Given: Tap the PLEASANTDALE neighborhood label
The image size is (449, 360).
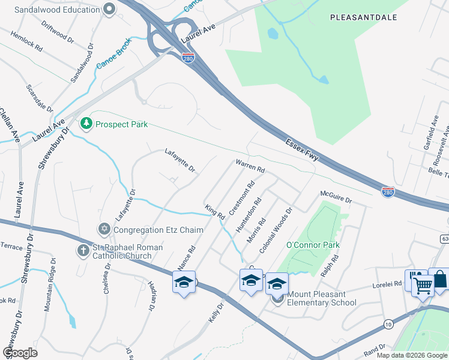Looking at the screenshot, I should [363, 17].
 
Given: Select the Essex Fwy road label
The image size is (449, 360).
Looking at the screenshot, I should [305, 152].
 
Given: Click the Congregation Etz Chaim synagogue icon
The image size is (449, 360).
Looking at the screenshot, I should [104, 229].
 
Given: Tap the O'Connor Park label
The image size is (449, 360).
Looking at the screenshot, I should [312, 245].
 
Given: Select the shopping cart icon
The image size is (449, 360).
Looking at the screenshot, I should [423, 286].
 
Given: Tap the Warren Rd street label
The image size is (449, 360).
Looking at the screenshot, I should [250, 166].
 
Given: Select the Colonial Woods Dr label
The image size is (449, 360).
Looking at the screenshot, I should [276, 230].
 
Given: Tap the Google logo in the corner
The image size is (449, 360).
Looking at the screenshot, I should [20, 352].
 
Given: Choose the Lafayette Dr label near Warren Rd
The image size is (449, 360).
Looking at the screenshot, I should [180, 161].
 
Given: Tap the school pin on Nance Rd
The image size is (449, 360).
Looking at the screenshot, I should [184, 281].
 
